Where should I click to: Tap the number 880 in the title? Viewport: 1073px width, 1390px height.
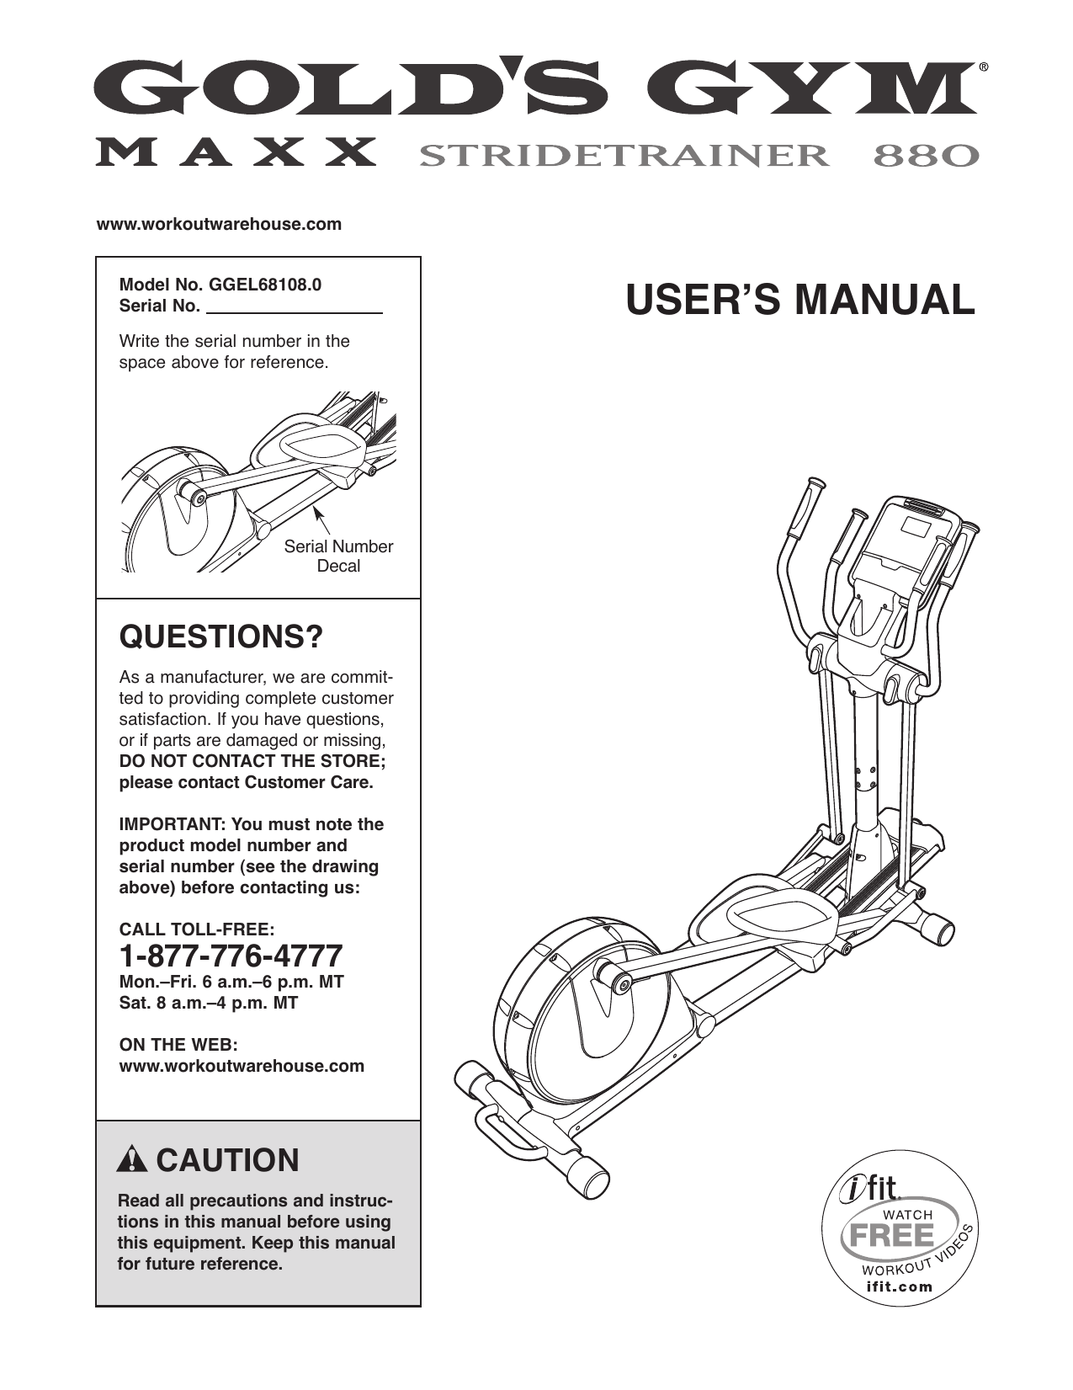(x=927, y=156)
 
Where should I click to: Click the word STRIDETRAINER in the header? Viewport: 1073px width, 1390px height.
(x=623, y=156)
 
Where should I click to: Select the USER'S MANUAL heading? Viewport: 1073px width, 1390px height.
(x=799, y=301)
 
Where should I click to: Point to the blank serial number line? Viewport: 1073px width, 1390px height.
(x=295, y=309)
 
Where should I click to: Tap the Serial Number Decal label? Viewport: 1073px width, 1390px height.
(x=338, y=557)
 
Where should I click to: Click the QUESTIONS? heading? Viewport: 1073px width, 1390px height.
(x=221, y=637)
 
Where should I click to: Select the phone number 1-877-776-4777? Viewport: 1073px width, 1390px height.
(x=231, y=956)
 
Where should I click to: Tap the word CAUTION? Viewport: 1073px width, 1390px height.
(x=227, y=1160)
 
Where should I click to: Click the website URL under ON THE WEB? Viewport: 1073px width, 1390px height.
(x=242, y=1066)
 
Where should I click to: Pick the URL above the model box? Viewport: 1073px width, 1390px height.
(x=220, y=224)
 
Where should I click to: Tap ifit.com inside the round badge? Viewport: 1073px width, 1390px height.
(x=900, y=1286)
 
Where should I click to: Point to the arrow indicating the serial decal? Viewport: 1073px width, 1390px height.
(x=319, y=515)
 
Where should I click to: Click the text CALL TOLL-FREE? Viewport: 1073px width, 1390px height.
(x=196, y=929)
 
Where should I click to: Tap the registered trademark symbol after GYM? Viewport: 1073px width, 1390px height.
(x=983, y=66)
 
